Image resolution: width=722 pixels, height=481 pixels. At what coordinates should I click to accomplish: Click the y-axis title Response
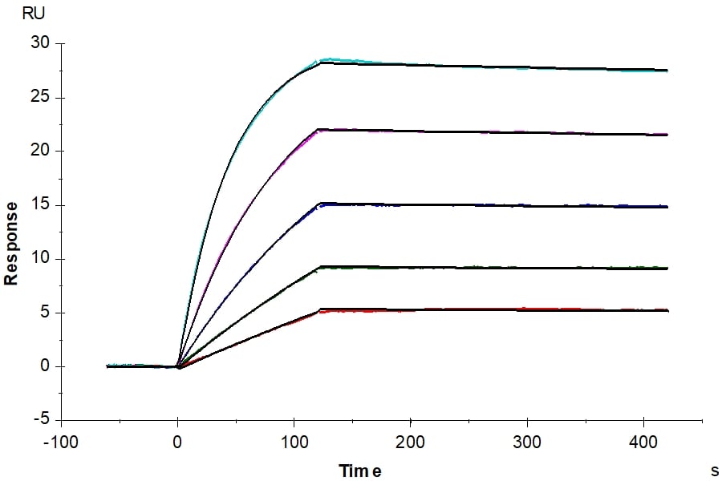pos(11,243)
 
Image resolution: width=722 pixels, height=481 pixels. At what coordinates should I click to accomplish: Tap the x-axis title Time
pos(359,471)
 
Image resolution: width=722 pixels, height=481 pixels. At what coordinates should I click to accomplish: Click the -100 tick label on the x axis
pos(61,440)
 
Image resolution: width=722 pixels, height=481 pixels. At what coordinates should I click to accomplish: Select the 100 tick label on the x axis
pos(294,440)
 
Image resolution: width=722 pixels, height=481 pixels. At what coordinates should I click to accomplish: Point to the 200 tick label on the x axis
pos(411,440)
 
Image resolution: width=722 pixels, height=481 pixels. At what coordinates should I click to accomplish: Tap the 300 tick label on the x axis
pos(527,440)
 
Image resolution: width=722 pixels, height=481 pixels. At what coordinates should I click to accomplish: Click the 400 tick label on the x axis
pos(643,440)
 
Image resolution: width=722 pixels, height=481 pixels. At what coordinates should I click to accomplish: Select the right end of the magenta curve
pos(666,135)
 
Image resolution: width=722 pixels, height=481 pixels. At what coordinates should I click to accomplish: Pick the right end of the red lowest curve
pos(666,309)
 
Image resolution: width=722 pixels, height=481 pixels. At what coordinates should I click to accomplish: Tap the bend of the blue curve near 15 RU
pos(321,204)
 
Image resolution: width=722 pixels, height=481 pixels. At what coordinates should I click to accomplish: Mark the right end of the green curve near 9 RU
pos(666,268)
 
